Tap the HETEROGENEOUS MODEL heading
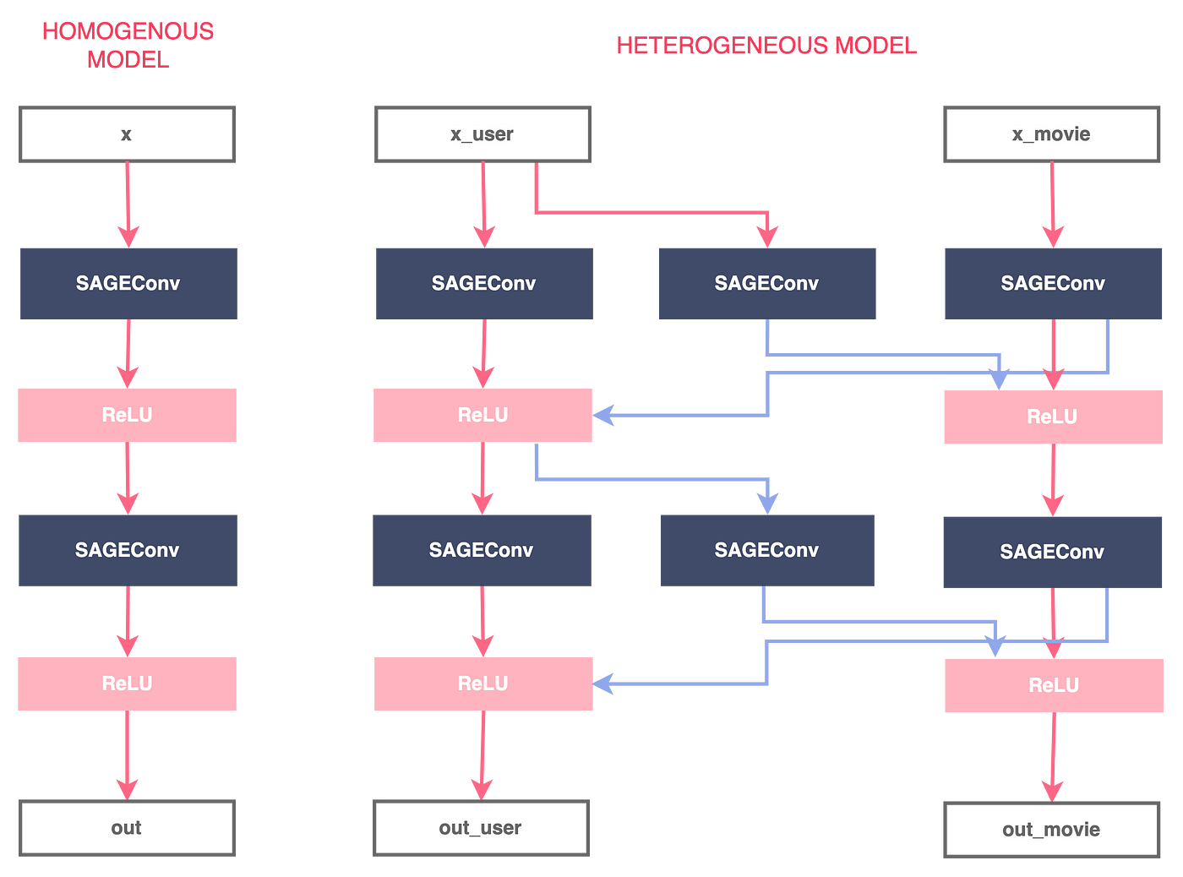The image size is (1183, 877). (766, 46)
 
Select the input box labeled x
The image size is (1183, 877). (127, 134)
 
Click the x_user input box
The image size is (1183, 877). (482, 134)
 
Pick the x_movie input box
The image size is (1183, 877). (1052, 134)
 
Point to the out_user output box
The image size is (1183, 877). (481, 828)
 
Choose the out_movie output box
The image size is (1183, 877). (1052, 830)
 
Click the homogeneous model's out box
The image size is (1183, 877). (127, 828)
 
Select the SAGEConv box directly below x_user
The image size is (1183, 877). (484, 284)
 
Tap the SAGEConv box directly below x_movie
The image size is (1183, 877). (1053, 284)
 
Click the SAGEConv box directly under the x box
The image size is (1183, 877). (128, 284)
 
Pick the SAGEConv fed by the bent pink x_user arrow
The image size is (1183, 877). (767, 284)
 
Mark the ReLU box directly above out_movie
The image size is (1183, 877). (1054, 685)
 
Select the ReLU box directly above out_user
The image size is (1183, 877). (483, 684)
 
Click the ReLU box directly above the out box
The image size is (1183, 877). (127, 684)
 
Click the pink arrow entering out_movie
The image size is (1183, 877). (1053, 757)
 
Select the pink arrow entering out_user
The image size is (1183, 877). (482, 755)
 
